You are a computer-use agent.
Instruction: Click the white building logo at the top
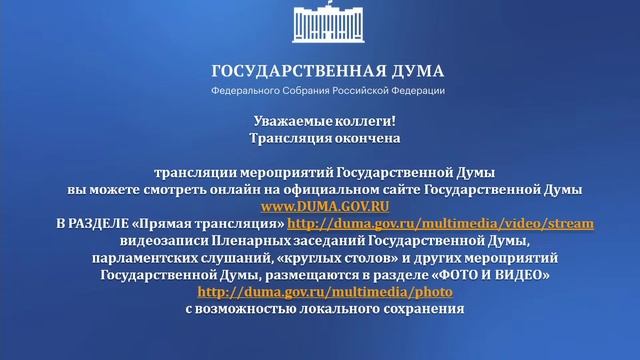click(326, 27)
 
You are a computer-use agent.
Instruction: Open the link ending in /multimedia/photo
click(326, 292)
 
